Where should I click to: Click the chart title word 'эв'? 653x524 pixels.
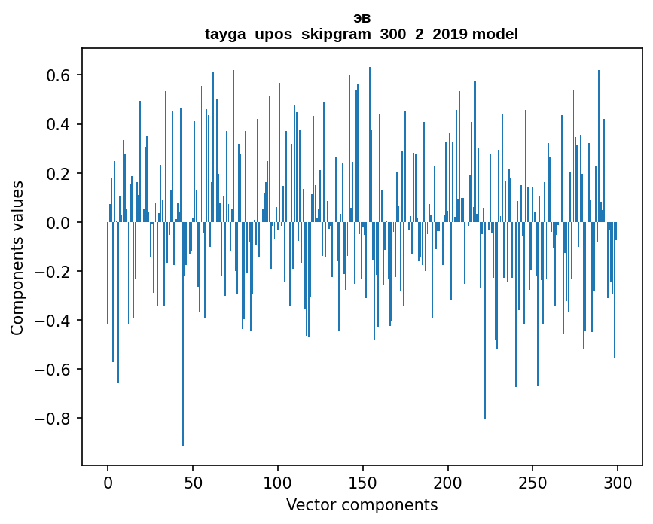click(x=362, y=18)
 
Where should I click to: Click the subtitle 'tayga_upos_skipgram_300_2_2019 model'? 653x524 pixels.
click(x=362, y=35)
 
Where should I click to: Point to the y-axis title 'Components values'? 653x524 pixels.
click(x=17, y=257)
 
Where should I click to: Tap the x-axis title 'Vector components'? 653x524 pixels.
click(x=362, y=505)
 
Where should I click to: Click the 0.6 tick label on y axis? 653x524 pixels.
click(x=59, y=75)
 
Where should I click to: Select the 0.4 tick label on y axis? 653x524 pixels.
click(x=59, y=124)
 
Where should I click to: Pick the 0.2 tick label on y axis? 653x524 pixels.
click(x=59, y=173)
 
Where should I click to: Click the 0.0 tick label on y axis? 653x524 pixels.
click(x=59, y=223)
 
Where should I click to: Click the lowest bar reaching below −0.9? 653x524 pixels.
click(x=183, y=339)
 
